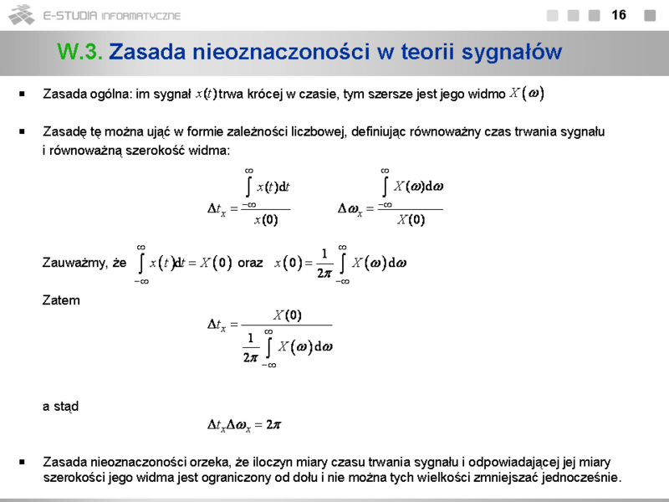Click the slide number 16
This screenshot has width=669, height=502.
pos(619,15)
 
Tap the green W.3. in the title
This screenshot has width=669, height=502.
pos(80,52)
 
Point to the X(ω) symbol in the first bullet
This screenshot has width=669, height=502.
pos(527,94)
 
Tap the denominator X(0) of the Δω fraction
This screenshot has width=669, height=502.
pos(411,221)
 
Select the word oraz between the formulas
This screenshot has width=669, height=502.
pos(251,263)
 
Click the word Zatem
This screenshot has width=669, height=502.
pos(61,300)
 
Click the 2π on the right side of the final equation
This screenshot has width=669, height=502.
pos(273,425)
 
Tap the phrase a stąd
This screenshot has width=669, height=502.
pos(60,407)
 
